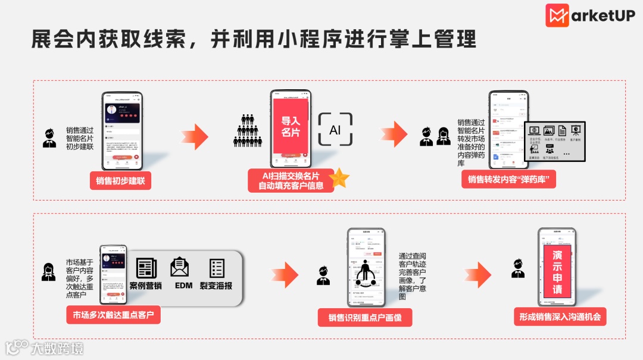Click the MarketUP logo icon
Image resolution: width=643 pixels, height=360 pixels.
tap(557, 15)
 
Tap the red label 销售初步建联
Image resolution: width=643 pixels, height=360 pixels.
tap(120, 180)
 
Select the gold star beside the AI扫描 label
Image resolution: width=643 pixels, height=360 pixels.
tap(339, 178)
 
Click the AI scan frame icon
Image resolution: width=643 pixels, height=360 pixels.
tap(335, 129)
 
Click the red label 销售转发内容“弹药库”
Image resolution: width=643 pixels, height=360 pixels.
tap(508, 179)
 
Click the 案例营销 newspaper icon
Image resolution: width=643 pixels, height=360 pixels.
tap(146, 268)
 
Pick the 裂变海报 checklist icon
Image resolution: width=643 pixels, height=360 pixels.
tap(217, 268)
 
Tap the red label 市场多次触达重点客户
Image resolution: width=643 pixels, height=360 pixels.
tap(113, 315)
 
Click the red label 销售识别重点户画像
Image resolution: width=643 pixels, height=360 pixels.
tap(365, 317)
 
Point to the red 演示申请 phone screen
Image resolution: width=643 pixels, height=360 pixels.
tap(557, 272)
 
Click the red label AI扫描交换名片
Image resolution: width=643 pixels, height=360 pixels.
tap(291, 180)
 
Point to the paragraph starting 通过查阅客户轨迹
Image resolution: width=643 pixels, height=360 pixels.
tap(413, 276)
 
